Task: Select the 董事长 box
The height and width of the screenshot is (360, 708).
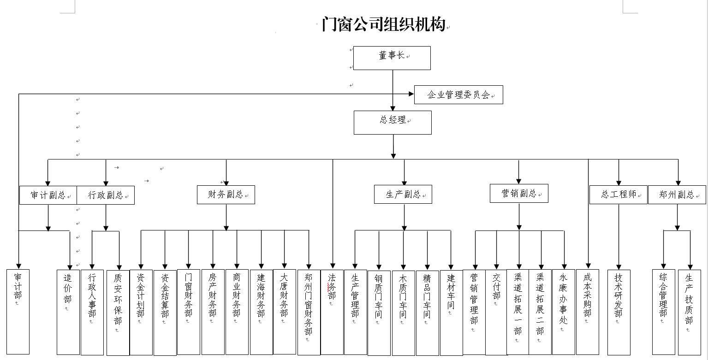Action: click(392, 58)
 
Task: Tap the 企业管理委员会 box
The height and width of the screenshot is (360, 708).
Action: click(458, 95)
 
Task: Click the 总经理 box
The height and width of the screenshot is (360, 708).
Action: click(393, 122)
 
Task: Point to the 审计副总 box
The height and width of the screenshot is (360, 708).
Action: click(48, 195)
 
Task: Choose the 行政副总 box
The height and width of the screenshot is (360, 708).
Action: click(106, 195)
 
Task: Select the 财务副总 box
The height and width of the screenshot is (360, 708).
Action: click(226, 195)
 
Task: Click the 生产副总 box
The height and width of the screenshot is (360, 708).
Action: click(403, 195)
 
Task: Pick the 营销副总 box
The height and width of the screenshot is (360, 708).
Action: click(519, 194)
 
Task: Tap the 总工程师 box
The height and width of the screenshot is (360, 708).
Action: click(618, 195)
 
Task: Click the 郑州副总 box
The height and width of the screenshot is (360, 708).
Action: click(677, 195)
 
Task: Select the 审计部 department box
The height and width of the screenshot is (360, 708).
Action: click(18, 312)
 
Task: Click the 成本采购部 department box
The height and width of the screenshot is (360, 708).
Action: click(587, 312)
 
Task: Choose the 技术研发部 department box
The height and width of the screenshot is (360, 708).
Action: click(619, 312)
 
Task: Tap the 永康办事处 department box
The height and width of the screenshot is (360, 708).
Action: click(564, 312)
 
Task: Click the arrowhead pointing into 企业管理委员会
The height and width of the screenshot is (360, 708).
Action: click(411, 94)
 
